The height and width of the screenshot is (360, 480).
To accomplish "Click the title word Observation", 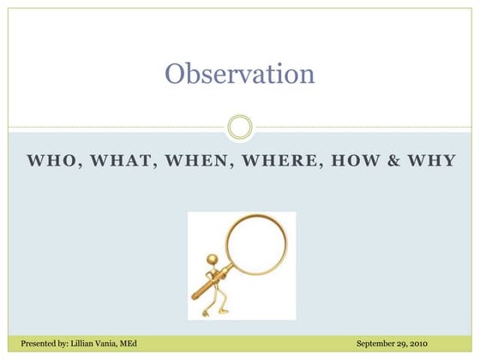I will pyautogui.click(x=240, y=74).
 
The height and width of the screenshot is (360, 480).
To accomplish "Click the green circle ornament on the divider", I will pyautogui.click(x=240, y=128).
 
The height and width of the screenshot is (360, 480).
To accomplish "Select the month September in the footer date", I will pyautogui.click(x=378, y=344).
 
